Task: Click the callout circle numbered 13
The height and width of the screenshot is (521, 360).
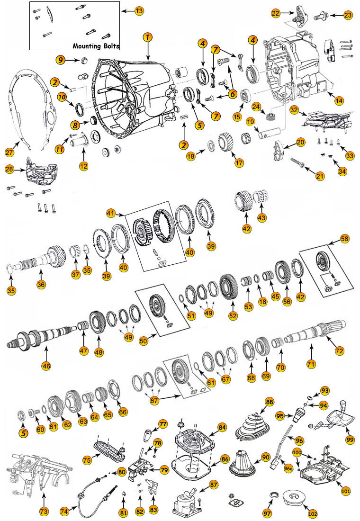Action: coord(138,10)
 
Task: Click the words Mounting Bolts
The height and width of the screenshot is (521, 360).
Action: coord(96,46)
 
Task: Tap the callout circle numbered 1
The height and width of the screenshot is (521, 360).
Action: coord(148,36)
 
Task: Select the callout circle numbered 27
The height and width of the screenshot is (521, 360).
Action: coord(9,152)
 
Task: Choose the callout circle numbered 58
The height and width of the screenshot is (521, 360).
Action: coord(344,239)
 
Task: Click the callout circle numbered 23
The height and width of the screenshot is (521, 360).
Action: coord(348,16)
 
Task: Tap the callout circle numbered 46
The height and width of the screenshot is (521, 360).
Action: coord(46,366)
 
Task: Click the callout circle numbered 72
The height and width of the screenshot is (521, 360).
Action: coord(339,351)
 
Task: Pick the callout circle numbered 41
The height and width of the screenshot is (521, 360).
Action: coord(111,214)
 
